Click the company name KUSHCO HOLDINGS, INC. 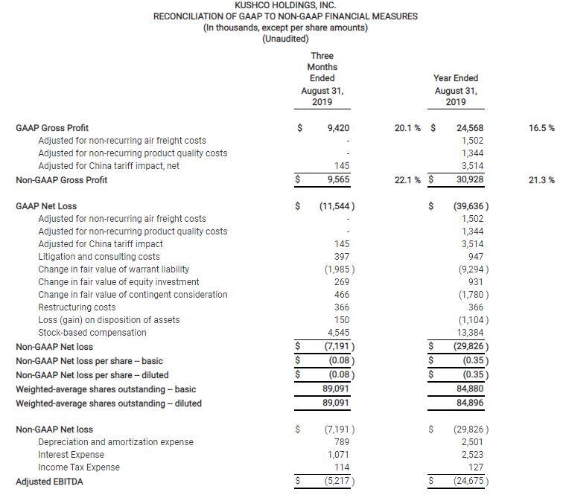(285, 6)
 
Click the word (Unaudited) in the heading (285, 39)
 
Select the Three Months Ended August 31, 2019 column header (322, 78)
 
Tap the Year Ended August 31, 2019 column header (456, 89)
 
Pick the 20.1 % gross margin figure (409, 128)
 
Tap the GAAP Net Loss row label (46, 206)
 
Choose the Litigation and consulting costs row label (98, 257)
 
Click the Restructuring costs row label (77, 307)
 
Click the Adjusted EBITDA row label (49, 482)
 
